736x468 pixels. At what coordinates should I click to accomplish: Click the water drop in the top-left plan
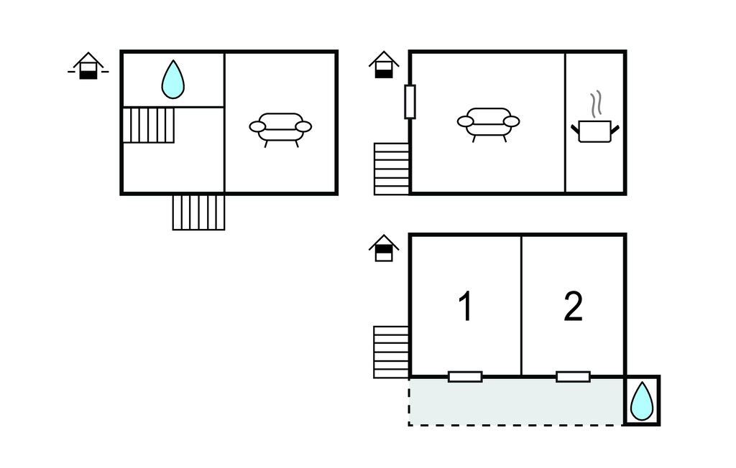coord(172,80)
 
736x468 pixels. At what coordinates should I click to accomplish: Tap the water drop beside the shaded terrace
coord(642,401)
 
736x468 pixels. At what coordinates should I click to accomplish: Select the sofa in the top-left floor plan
coord(280,130)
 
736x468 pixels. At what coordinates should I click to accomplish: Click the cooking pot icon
coord(594,131)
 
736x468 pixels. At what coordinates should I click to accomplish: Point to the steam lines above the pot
coord(596,104)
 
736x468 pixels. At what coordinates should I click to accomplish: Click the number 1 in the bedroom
coord(465,306)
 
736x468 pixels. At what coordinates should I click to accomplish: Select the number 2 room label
coord(573,306)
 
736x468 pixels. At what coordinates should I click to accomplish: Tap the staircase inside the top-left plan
coord(148,125)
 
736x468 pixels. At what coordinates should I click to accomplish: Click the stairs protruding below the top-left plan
coord(198,212)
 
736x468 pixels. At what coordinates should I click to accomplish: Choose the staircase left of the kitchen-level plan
coord(392,169)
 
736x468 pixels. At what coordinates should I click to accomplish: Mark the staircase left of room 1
coord(391,352)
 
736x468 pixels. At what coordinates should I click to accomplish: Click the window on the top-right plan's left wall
coord(410,102)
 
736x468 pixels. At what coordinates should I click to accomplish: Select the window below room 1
coord(465,377)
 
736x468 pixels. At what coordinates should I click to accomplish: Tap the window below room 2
coord(573,377)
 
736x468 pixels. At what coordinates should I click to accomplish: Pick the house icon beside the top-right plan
coord(384,65)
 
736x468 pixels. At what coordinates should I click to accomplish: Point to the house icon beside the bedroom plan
coord(384,248)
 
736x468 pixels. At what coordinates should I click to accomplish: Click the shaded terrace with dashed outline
coord(516,402)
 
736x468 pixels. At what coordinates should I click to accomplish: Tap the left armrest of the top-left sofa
coord(257,126)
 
